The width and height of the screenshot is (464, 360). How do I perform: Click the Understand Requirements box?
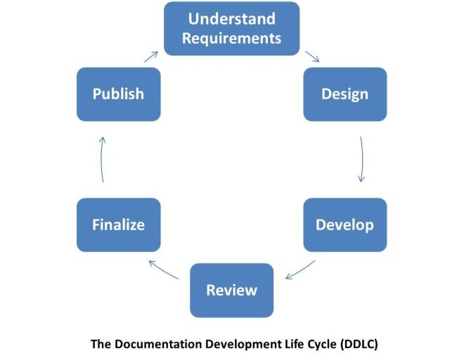click(x=231, y=28)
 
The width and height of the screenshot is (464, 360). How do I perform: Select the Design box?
click(x=344, y=94)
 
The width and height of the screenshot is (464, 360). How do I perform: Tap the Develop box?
click(x=344, y=225)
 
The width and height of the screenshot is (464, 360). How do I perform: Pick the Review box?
click(x=231, y=290)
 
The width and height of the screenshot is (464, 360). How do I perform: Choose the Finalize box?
click(x=118, y=225)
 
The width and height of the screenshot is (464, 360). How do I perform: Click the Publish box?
click(x=118, y=94)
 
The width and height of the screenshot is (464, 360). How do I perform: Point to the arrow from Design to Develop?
click(x=362, y=160)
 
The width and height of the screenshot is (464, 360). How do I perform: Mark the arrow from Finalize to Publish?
click(x=103, y=160)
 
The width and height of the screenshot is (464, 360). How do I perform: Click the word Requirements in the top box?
click(x=231, y=38)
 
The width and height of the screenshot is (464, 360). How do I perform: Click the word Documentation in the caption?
click(x=155, y=345)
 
